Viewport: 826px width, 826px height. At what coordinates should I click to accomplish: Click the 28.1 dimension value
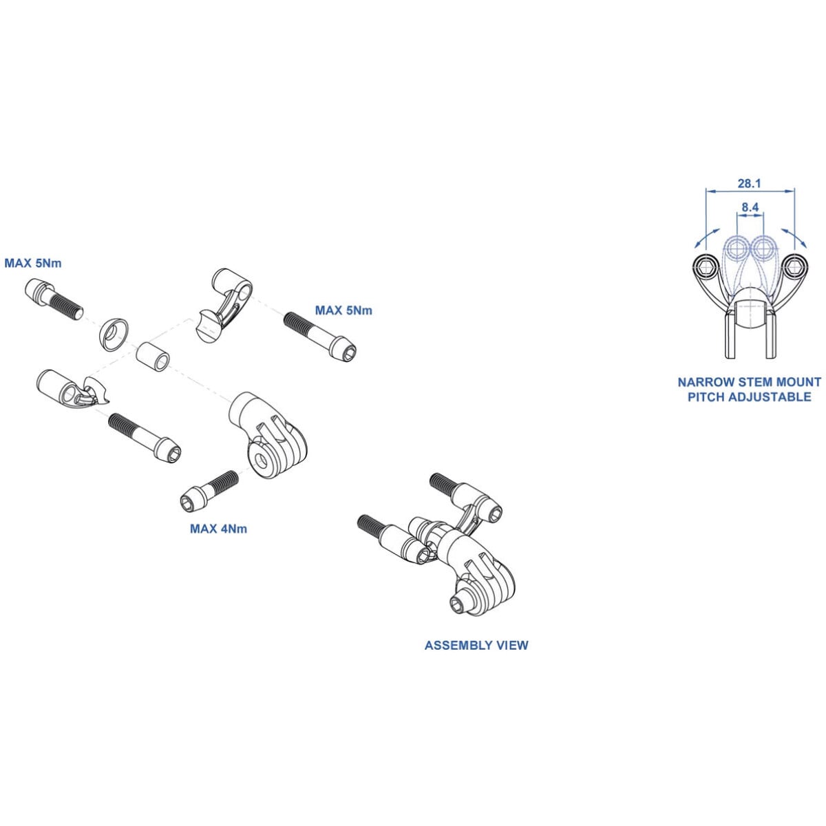[x=749, y=184]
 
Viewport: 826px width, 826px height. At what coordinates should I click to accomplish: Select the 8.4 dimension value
[x=750, y=206]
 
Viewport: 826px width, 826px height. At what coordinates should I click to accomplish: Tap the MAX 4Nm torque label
[x=218, y=529]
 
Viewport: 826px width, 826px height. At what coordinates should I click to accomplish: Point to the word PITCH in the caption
[x=705, y=397]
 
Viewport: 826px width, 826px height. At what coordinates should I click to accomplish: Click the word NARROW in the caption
[x=703, y=382]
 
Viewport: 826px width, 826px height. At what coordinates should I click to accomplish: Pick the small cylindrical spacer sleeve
[x=152, y=354]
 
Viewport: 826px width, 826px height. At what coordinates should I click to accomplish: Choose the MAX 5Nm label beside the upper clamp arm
[x=343, y=310]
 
